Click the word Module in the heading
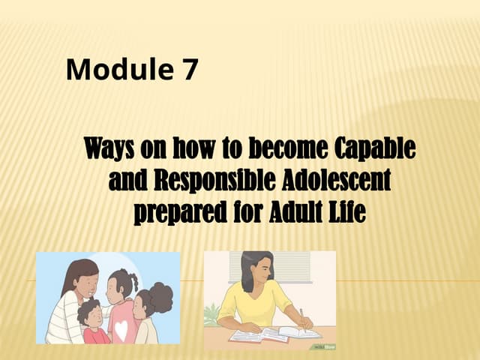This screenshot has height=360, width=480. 118,70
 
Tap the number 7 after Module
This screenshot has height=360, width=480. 190,70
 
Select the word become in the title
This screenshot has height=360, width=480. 258,148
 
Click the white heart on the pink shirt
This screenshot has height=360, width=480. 121,328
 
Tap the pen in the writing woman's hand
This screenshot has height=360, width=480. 302,316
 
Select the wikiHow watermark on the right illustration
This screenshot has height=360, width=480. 322,346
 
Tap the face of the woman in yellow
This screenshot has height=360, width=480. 259,274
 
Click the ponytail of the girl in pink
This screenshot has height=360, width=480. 134,281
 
